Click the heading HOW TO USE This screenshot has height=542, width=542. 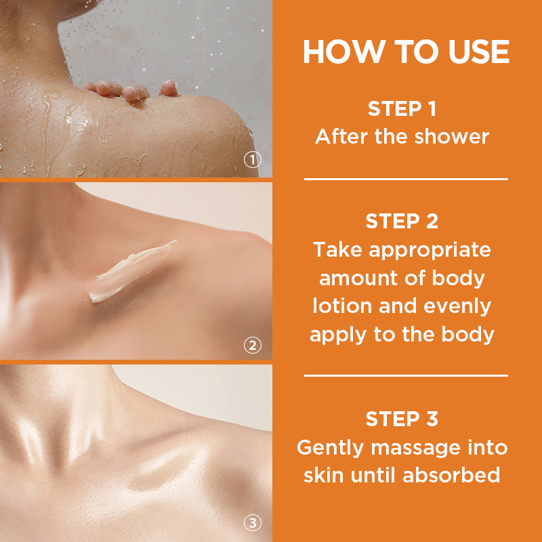coord(406,52)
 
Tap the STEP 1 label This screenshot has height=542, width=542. coord(402,108)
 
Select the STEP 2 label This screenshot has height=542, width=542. coord(402,221)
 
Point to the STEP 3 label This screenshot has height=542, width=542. coord(402,419)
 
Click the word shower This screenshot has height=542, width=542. coord(451,136)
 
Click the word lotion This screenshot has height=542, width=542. coord(342,306)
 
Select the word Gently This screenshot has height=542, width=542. coord(330,449)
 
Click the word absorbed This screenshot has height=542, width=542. coord(451,475)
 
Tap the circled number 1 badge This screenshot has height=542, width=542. coord(252,160)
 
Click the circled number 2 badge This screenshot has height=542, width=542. coord(252,345)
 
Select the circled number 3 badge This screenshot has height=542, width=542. coord(252,523)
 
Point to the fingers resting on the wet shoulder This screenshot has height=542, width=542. coord(131,91)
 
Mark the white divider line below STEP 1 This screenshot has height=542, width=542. coord(406,179)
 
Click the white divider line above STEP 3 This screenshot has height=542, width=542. coord(406,375)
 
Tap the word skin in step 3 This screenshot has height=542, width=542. coord(324,475)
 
